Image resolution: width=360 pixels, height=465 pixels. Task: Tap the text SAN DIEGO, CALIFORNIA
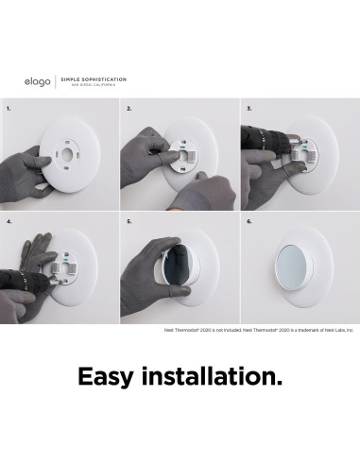[x=86, y=86]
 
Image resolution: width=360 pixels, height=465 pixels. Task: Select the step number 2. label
[x=129, y=109]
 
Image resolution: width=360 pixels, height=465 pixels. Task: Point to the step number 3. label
[x=249, y=109]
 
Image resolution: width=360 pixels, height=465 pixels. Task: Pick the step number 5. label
[x=129, y=221]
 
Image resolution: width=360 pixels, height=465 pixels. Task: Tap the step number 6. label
[x=249, y=221]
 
